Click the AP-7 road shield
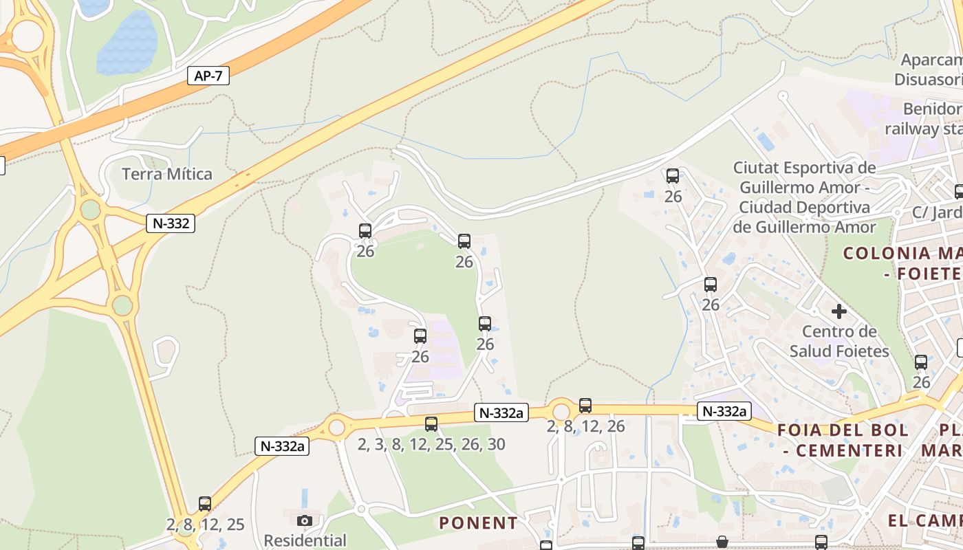pos(208,76)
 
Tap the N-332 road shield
pos(170,223)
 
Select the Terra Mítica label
pos(167,174)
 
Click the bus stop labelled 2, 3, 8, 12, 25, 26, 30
pos(431,424)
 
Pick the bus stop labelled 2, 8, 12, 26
pos(585,406)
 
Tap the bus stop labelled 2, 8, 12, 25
pos(205,504)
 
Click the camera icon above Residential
pos(305,520)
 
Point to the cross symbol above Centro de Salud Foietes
pos(838,311)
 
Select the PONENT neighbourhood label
pos(478,523)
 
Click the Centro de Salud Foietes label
pos(839,341)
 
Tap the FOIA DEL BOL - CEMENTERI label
pos(843,441)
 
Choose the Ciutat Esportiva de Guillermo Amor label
pos(805,197)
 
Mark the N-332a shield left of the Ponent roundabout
pos(282,445)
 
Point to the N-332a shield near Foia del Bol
pos(724,411)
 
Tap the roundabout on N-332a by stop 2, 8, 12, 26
pos(561,412)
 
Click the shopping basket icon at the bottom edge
pos(722,542)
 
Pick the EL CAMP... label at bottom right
pos(924,520)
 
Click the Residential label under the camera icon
pos(305,540)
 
